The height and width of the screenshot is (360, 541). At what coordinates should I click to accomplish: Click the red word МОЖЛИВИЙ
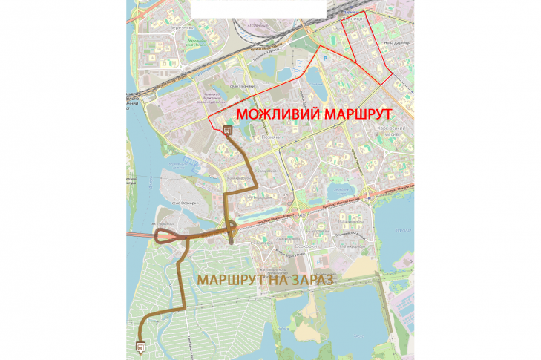click(x=273, y=116)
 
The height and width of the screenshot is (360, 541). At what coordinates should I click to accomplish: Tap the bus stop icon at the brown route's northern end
click(x=227, y=129)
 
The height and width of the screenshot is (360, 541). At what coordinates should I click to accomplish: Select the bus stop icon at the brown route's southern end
click(x=140, y=345)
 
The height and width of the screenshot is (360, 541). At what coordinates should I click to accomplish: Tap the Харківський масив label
click(x=393, y=131)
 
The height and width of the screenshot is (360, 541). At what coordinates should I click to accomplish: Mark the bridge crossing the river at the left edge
click(x=141, y=235)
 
